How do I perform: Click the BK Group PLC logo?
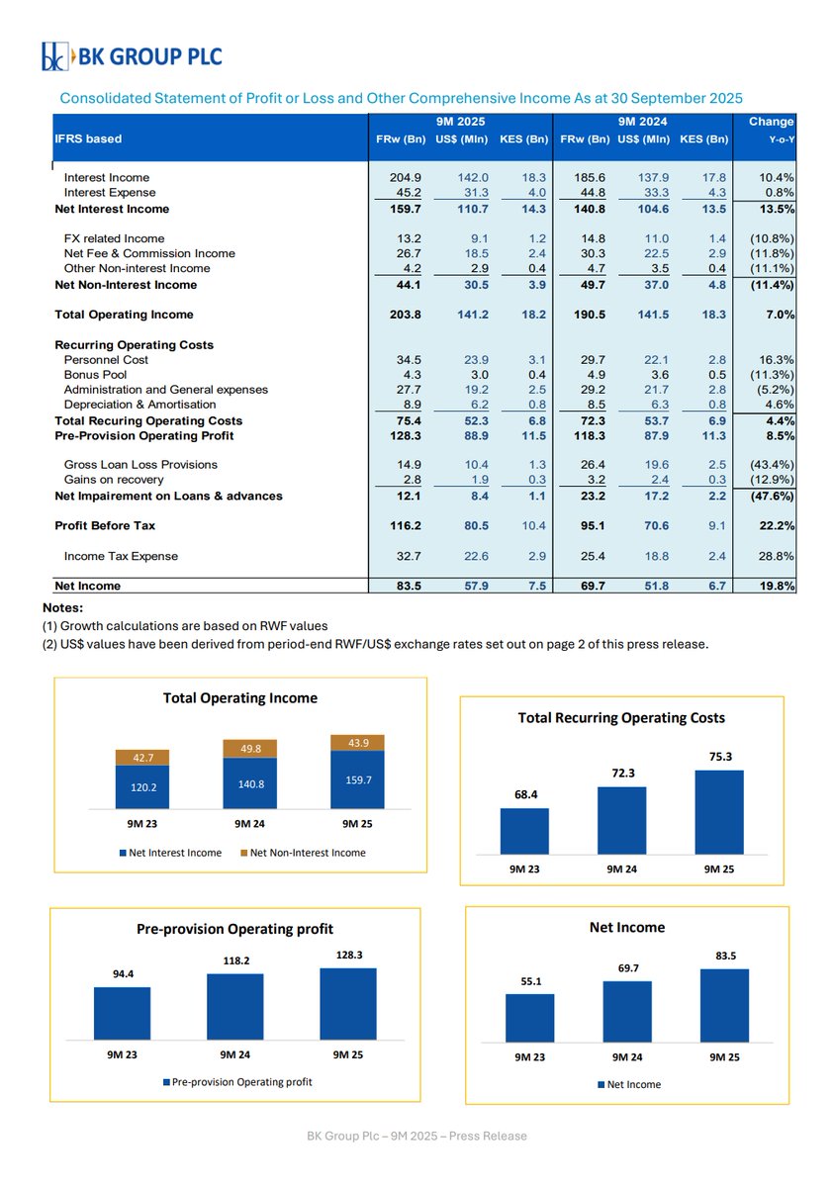[x=132, y=56]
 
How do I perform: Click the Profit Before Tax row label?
[x=105, y=525]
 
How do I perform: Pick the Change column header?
[x=771, y=122]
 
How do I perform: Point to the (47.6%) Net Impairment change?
[x=771, y=496]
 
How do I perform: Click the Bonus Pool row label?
[x=95, y=376]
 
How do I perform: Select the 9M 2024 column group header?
[x=643, y=122]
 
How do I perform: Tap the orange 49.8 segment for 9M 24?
[x=249, y=749]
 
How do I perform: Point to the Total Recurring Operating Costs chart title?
[x=621, y=717]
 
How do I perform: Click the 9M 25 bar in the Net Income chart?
[x=724, y=1004]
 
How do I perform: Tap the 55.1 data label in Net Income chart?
[x=530, y=982]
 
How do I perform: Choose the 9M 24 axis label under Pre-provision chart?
[x=234, y=1054]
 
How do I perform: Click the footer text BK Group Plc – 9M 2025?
[x=416, y=1136]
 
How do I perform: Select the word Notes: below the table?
[x=64, y=607]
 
